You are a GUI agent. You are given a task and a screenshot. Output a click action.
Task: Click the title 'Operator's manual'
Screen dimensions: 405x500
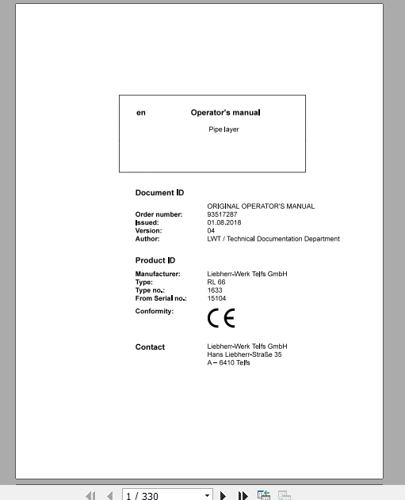[x=225, y=112]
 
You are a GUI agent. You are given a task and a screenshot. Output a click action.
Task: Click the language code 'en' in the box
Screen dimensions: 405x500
[x=141, y=113]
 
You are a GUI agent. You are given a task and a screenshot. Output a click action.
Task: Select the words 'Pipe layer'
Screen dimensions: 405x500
[x=224, y=129]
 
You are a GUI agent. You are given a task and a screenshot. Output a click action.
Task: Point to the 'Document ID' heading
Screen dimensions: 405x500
[x=159, y=192]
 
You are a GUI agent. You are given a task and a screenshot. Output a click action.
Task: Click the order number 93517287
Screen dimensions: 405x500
[x=222, y=214]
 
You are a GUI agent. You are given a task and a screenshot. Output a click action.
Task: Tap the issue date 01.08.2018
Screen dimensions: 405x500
[x=225, y=222]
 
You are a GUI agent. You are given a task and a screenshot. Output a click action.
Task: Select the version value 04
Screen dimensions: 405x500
[x=211, y=230]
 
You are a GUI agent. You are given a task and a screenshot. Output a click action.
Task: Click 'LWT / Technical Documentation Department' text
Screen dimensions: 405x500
[x=273, y=238]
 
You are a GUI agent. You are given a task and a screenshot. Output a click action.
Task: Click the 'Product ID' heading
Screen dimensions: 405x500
[x=155, y=260]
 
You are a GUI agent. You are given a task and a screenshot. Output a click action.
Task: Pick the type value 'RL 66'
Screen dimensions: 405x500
[x=216, y=282]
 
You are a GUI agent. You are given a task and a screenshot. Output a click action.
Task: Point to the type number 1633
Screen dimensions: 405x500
[x=215, y=290]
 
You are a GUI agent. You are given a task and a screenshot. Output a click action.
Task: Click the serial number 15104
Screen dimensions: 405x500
[x=216, y=298]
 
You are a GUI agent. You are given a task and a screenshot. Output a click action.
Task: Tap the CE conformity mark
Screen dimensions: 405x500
[x=221, y=318]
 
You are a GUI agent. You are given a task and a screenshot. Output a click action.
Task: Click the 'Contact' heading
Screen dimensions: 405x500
[x=150, y=347]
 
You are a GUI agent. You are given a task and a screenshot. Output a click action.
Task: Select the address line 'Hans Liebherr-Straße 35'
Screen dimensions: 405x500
[x=244, y=354]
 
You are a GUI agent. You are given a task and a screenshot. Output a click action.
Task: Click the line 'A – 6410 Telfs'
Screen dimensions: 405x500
[x=228, y=362]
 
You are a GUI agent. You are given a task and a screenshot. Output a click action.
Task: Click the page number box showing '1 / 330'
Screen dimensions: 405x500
[x=166, y=495]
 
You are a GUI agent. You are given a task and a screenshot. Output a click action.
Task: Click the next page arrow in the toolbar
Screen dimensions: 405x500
[x=224, y=495]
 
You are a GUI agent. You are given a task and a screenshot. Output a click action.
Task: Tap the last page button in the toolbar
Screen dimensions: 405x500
[x=243, y=495]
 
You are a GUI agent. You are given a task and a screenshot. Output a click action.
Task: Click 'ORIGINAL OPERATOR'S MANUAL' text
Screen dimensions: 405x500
[x=261, y=206]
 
